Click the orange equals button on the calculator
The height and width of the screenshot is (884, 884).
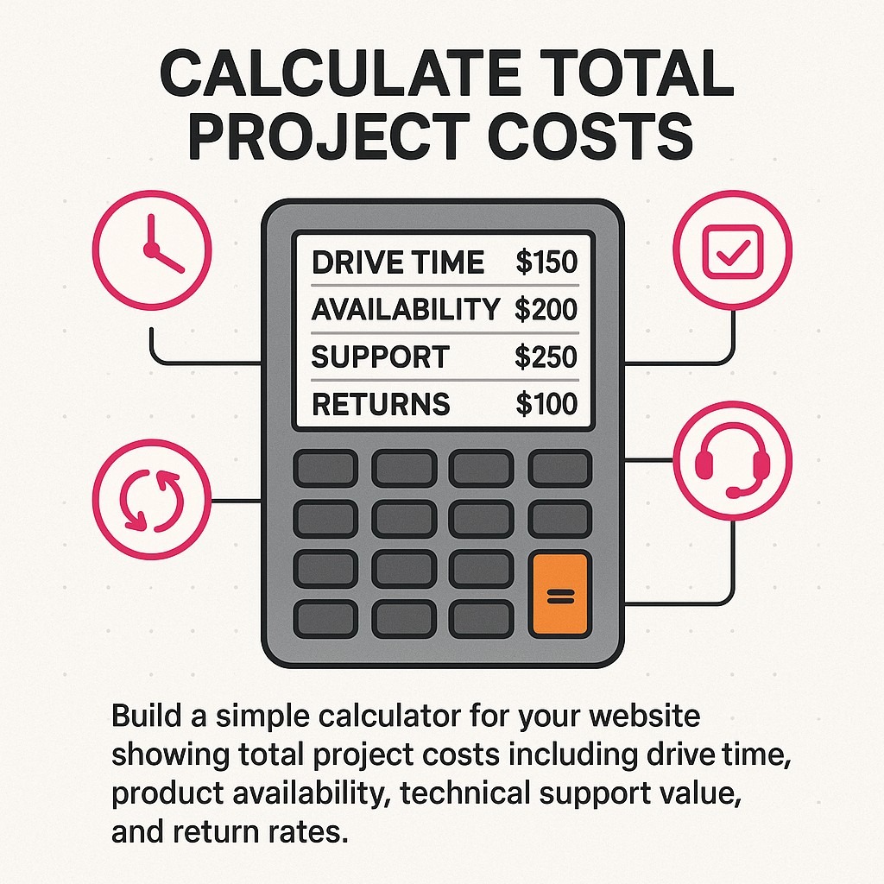(559, 596)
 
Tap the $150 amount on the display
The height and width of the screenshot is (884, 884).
(546, 262)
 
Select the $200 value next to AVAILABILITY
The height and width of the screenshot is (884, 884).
(546, 309)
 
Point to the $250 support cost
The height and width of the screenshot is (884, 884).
(546, 357)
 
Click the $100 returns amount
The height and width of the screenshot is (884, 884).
(546, 404)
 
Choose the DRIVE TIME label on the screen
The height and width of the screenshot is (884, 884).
(398, 262)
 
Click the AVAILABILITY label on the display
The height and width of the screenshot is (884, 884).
(406, 309)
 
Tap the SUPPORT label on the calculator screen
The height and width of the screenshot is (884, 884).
(380, 357)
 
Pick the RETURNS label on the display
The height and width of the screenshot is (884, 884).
(381, 404)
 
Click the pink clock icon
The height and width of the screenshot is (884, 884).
(152, 248)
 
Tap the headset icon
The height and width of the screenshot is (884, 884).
(732, 468)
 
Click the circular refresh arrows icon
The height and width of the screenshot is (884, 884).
(152, 500)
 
